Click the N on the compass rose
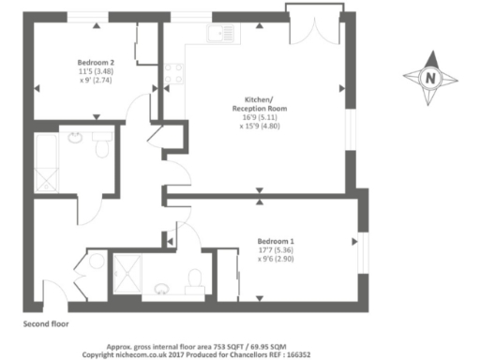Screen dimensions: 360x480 click(430, 78)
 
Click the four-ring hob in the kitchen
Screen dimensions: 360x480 click(173, 72)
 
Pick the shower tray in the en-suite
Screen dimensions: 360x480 click(127, 271)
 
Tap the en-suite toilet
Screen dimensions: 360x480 click(193, 279)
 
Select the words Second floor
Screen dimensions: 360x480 click(46, 323)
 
